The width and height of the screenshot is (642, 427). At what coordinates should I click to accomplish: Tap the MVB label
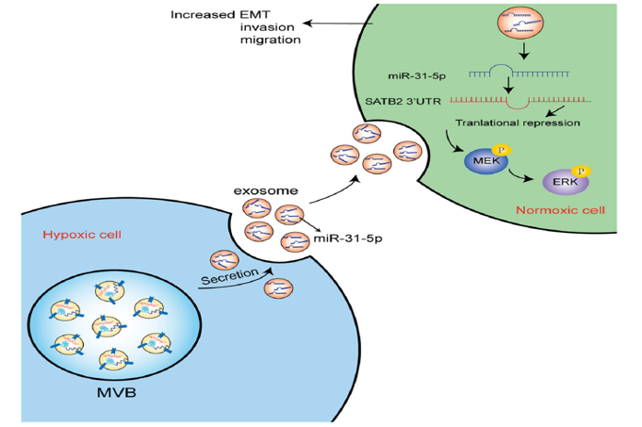tap(117, 390)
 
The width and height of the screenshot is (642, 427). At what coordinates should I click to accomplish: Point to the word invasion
tap(269, 28)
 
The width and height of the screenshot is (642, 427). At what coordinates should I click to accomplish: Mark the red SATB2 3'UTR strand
tap(520, 98)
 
